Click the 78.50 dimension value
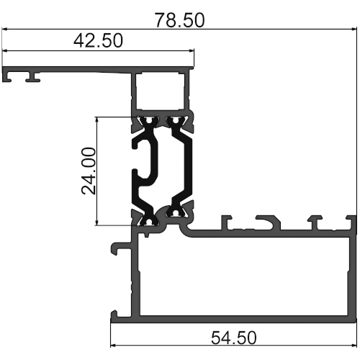click(x=179, y=20)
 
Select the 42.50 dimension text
click(x=98, y=40)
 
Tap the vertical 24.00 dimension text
click(x=89, y=171)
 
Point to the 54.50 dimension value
click(x=234, y=338)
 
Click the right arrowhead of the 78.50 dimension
click(x=355, y=30)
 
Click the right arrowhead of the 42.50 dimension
click(x=192, y=50)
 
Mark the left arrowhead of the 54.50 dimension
click(x=113, y=346)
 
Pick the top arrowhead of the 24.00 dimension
click(x=96, y=120)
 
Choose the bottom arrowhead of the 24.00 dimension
click(x=96, y=222)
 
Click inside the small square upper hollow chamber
click(x=161, y=91)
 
